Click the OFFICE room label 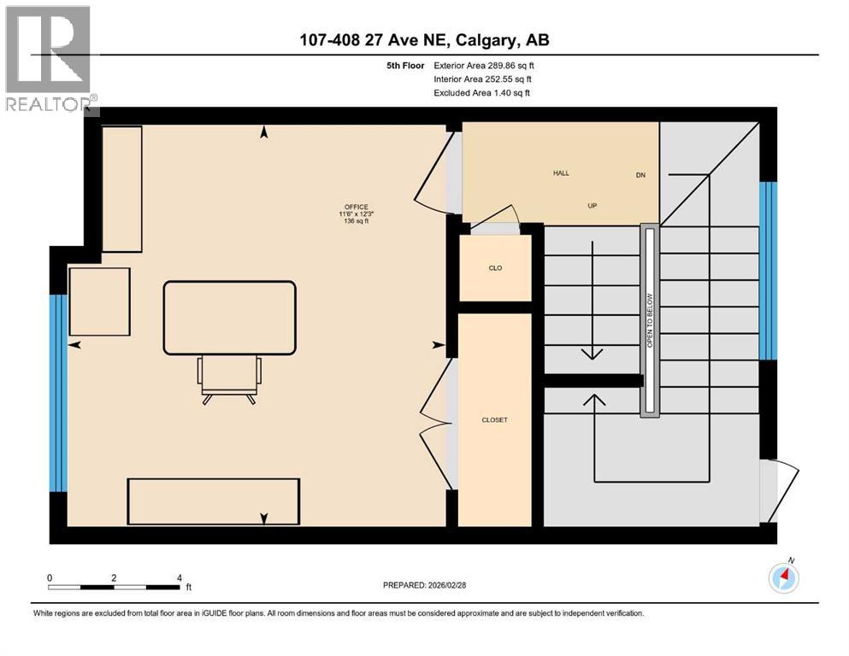357,207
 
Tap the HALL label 561,173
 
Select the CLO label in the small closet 495,268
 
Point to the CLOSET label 495,420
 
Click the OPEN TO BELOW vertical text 650,321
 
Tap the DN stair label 640,175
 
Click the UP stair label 591,207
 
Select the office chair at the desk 229,379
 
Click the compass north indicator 784,577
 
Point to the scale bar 115,587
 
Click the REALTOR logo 49,60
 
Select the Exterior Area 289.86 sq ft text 484,65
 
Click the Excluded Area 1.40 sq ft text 481,92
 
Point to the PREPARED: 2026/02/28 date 426,585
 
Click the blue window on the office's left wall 58,393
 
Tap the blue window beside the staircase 769,271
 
